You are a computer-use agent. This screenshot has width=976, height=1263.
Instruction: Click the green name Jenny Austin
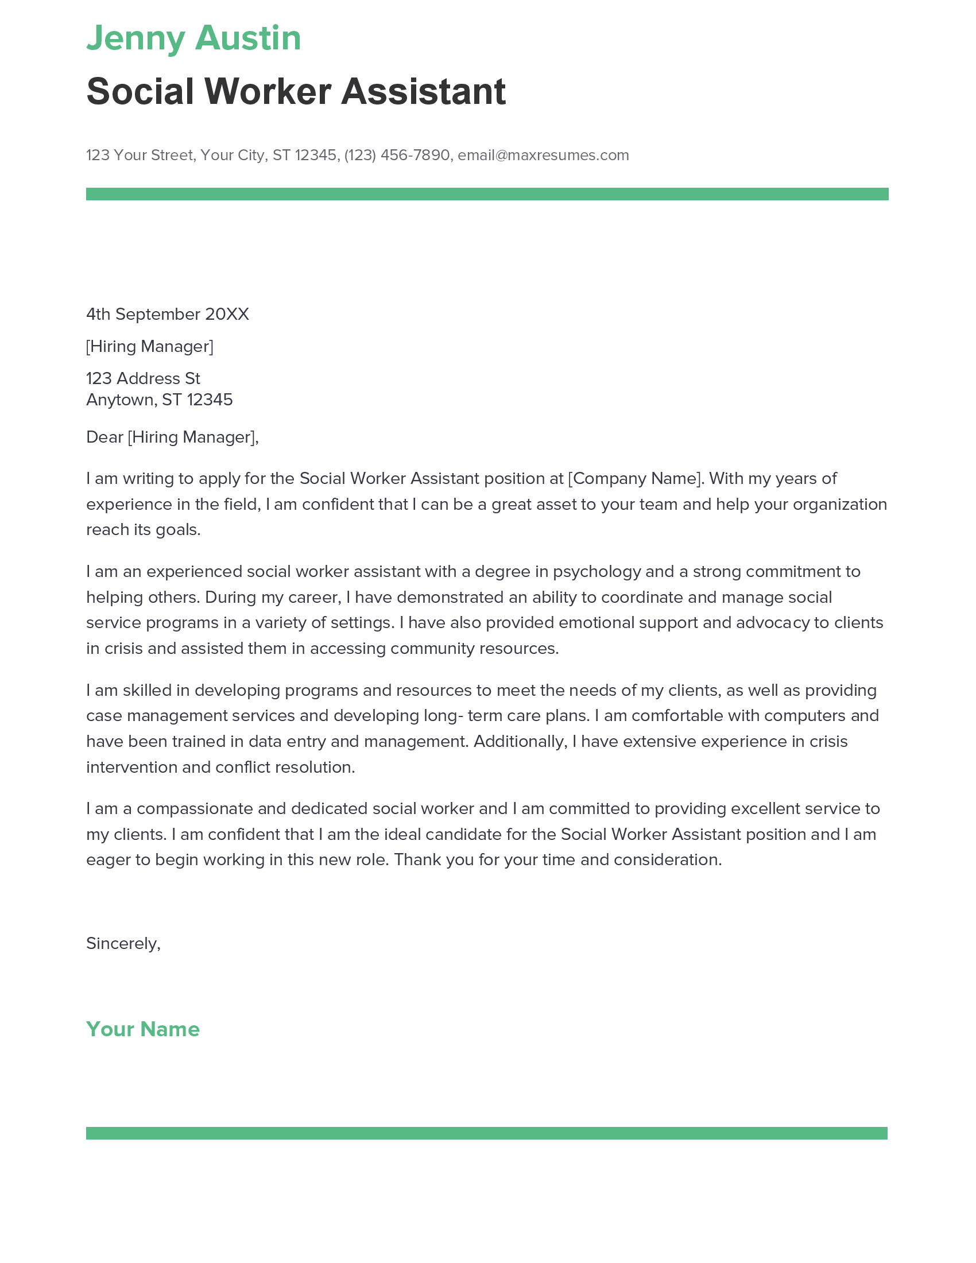193,38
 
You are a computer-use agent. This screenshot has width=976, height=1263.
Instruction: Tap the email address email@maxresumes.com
543,155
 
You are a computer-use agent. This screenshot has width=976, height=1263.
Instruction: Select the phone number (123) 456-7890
397,155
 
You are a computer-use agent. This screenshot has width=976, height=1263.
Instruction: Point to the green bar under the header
487,193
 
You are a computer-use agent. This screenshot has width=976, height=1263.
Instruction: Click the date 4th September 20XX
167,314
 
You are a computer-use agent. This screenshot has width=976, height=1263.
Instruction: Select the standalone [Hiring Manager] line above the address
149,346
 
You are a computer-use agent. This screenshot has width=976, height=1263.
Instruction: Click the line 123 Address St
143,378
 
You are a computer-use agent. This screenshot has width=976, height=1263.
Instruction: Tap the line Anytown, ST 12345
159,400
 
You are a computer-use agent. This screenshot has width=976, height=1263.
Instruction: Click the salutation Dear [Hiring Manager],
172,437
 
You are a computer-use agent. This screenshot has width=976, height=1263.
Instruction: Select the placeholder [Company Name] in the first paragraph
634,478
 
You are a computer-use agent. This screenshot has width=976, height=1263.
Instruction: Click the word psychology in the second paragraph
597,571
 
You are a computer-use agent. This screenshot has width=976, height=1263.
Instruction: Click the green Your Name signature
143,1029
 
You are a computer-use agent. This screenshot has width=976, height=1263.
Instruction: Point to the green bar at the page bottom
487,1133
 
